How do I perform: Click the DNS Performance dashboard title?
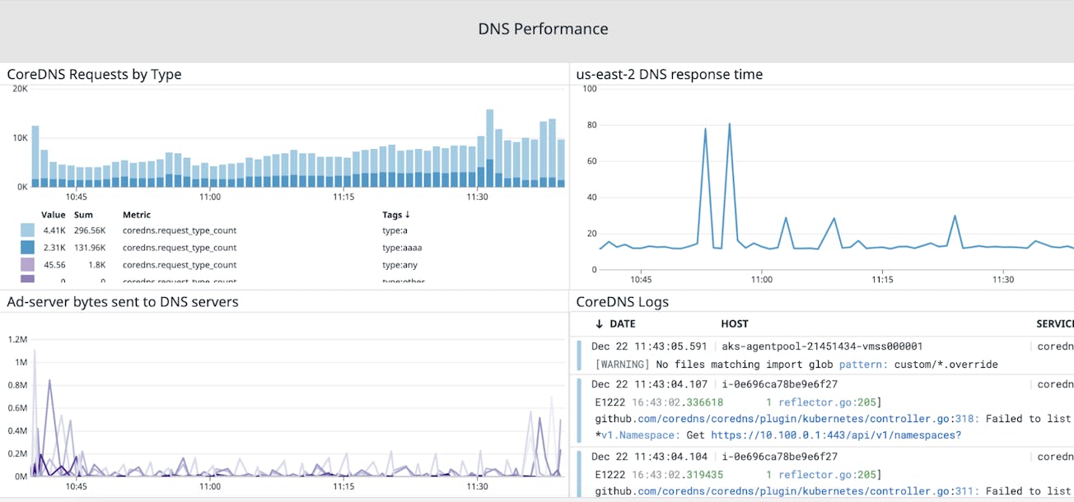543,29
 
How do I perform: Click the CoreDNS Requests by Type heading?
94,75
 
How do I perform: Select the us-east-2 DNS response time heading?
669,75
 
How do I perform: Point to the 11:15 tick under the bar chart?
343,198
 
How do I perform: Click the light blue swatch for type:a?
27,230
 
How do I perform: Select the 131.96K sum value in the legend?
90,248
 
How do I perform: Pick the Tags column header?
396,215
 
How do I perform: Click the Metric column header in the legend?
137,215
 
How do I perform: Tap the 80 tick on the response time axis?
590,125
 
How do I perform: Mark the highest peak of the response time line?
730,124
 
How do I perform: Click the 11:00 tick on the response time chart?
762,280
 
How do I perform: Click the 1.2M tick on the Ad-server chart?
18,339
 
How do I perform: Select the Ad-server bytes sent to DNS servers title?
122,302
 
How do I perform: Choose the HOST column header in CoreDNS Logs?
734,324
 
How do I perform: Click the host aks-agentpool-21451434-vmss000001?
822,346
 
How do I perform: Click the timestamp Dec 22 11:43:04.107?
649,384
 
